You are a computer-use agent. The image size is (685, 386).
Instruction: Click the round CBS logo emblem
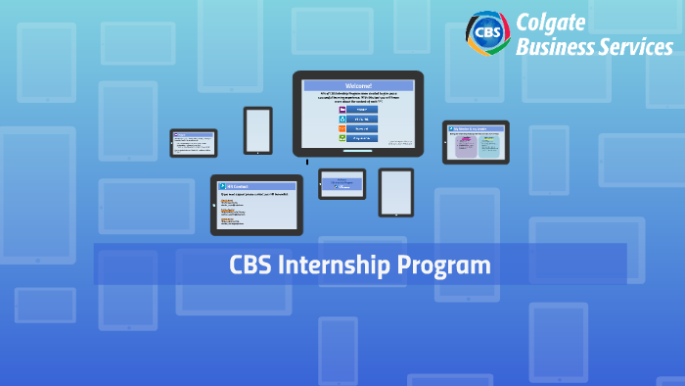click(x=485, y=32)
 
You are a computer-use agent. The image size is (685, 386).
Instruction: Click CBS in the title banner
click(x=250, y=265)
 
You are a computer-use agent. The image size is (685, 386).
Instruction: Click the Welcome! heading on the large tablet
click(x=357, y=86)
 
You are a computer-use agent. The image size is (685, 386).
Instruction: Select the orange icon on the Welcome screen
click(x=343, y=128)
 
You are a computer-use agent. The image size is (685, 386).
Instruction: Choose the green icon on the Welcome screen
click(x=343, y=139)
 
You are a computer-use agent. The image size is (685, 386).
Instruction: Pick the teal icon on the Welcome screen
click(x=343, y=119)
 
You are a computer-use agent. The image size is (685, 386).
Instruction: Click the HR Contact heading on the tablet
click(x=239, y=186)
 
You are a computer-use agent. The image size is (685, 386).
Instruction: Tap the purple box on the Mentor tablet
click(x=467, y=146)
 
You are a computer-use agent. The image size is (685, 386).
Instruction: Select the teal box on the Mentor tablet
click(x=489, y=146)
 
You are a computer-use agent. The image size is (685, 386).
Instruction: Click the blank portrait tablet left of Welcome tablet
click(x=258, y=129)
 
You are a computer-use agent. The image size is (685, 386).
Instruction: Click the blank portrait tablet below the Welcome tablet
click(x=396, y=192)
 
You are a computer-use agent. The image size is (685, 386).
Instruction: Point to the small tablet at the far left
click(x=194, y=143)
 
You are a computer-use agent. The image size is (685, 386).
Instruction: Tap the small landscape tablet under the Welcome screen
click(x=342, y=183)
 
